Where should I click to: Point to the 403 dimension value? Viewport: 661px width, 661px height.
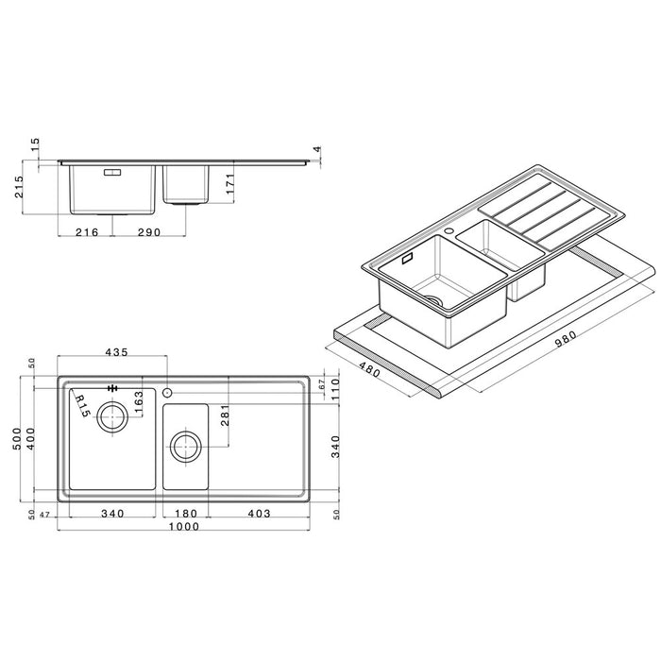(x=259, y=514)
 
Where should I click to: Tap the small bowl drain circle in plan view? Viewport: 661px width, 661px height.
(x=185, y=445)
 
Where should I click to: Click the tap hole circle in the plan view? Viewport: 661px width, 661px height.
(x=167, y=392)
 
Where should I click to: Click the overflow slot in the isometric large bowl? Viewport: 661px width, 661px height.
(x=409, y=258)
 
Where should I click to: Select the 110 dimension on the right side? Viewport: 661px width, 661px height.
(x=334, y=395)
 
